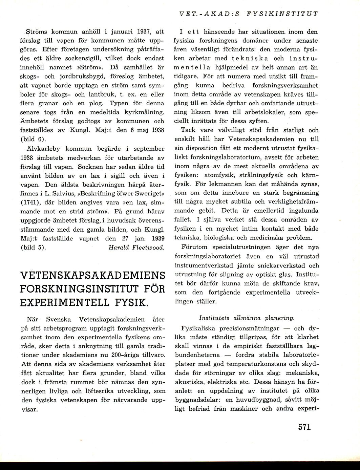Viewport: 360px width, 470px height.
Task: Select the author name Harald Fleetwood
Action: pos(136,248)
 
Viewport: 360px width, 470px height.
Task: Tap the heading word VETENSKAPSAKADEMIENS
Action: pos(92,275)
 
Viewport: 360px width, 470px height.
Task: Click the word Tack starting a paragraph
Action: pos(188,130)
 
